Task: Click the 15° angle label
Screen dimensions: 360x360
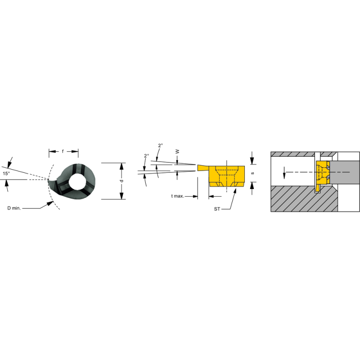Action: (x=6, y=173)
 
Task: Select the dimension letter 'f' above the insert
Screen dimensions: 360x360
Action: (x=63, y=152)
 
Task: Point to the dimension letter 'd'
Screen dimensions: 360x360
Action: (x=121, y=180)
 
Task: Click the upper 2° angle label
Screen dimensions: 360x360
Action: (x=161, y=145)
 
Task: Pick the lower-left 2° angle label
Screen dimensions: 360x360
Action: (x=146, y=156)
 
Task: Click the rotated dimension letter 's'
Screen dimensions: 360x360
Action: (x=253, y=173)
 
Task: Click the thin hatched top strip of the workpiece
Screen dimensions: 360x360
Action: (x=292, y=154)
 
